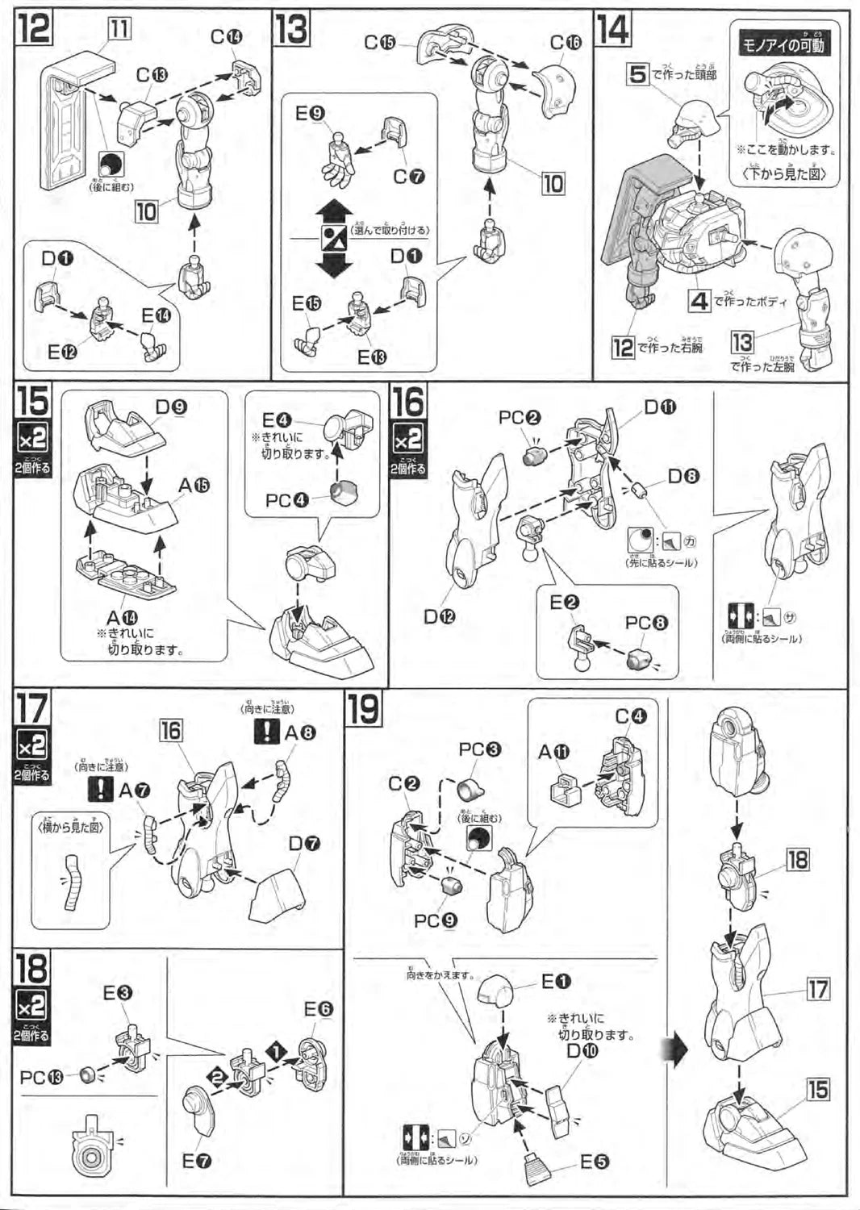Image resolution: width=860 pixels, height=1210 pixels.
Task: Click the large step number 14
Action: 613,30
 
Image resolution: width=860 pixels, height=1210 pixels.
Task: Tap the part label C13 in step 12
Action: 152,75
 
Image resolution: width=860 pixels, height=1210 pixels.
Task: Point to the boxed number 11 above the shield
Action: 119,29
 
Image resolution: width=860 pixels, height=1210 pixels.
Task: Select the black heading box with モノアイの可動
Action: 783,45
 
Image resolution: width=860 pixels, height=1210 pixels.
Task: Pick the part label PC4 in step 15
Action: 287,501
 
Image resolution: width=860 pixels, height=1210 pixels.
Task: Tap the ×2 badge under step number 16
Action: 408,440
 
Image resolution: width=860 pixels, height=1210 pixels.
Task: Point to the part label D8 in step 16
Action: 683,476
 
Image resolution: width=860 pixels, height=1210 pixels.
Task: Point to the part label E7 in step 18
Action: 197,1161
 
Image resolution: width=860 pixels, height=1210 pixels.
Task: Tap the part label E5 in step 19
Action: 595,1162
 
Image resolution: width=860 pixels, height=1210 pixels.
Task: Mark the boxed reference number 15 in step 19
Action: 818,1090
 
